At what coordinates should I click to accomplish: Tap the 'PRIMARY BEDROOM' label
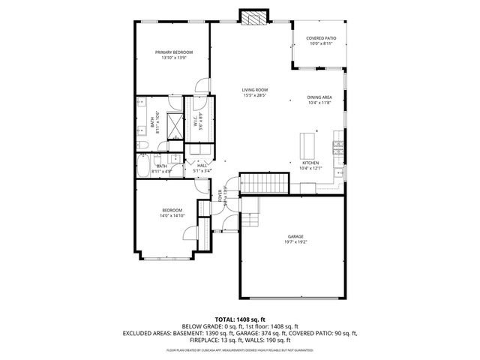click(174, 52)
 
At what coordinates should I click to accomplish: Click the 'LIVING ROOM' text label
click(255, 90)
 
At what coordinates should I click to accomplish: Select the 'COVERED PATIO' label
click(321, 38)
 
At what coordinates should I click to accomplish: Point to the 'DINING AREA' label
click(319, 97)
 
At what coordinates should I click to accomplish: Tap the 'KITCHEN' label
click(310, 163)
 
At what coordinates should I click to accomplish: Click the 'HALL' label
click(202, 166)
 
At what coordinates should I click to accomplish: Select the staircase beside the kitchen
click(263, 183)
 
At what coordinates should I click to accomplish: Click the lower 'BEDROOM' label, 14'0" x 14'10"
click(172, 210)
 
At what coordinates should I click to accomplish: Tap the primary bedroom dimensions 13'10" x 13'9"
click(174, 58)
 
